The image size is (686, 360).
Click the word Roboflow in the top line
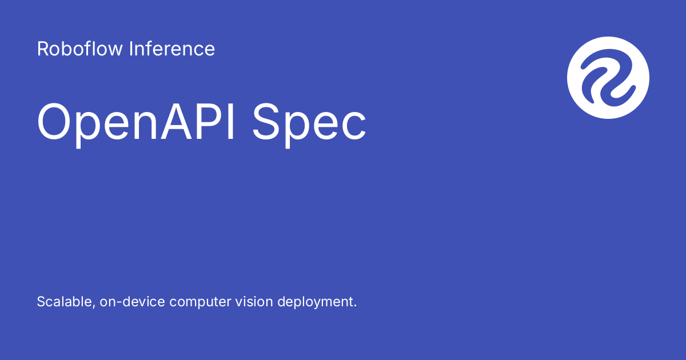79,49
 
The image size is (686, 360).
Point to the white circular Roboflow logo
608,77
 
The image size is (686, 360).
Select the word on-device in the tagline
132,302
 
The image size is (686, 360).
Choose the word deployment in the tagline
315,302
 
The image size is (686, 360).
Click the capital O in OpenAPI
56,122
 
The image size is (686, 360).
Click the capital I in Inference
131,49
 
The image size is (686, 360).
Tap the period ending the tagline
355,306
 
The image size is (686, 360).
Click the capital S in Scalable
41,302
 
